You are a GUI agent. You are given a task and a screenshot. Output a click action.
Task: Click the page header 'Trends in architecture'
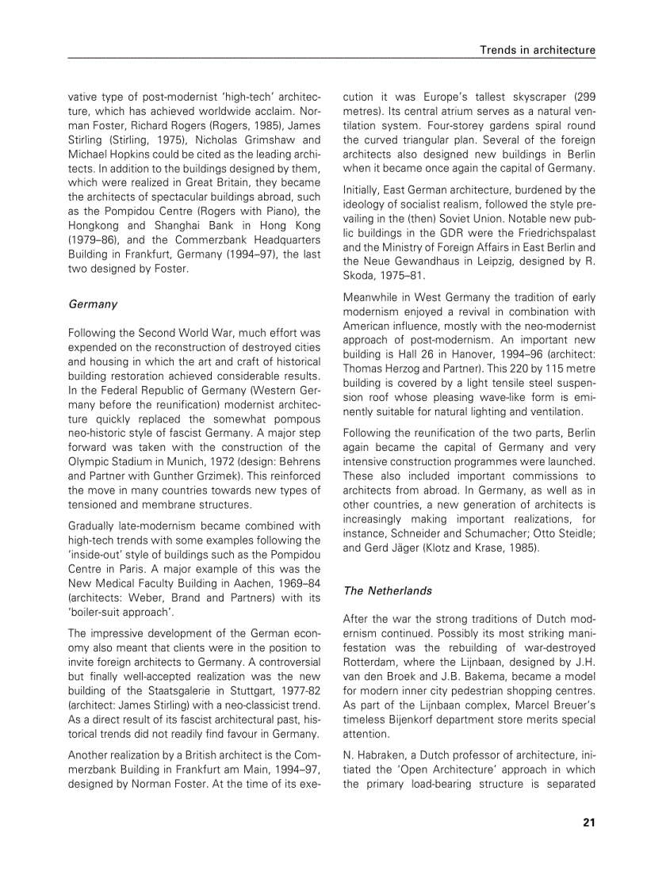pyautogui.click(x=537, y=50)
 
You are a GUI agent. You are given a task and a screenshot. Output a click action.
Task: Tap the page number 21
pyautogui.click(x=588, y=822)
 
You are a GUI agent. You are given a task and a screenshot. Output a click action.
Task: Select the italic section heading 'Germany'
pyautogui.click(x=93, y=304)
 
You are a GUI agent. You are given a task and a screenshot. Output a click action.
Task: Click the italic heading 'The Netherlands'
pyautogui.click(x=387, y=590)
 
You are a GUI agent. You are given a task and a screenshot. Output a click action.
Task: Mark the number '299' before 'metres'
pyautogui.click(x=584, y=96)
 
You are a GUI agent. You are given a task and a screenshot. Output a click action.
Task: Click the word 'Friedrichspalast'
pyautogui.click(x=550, y=232)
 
